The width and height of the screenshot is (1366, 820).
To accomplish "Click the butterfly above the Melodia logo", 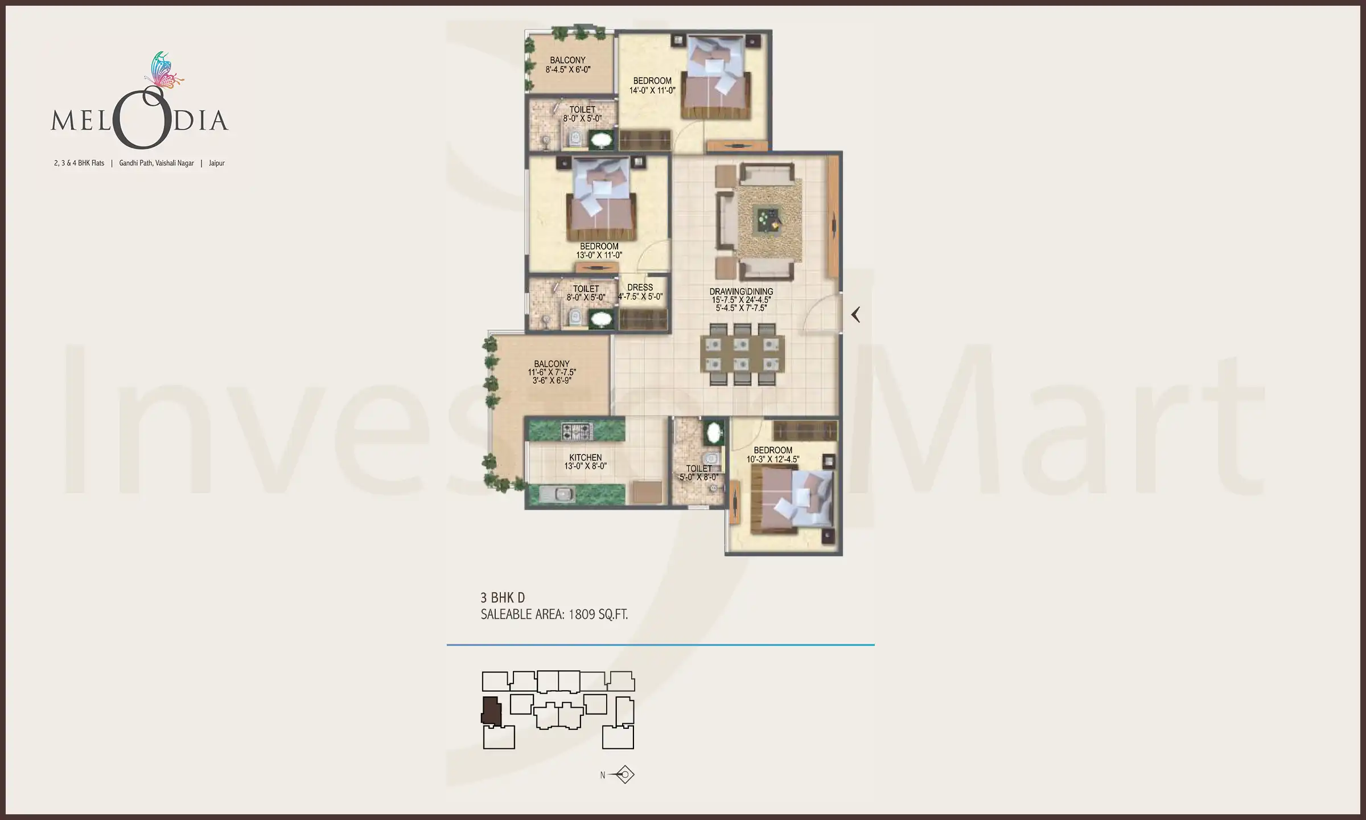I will (x=163, y=71).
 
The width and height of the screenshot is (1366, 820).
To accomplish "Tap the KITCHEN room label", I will (x=585, y=457).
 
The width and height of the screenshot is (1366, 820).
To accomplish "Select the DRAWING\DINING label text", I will (x=741, y=292).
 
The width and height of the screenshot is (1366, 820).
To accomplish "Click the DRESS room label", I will (x=640, y=288).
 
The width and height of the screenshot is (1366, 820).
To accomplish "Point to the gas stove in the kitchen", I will (x=577, y=431).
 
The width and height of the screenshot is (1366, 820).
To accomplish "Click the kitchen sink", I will (x=562, y=494).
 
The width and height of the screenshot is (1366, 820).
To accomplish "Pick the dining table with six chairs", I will (x=742, y=354).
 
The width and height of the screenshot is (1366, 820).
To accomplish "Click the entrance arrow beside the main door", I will (x=855, y=314).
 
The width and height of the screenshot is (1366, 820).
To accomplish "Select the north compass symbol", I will (x=624, y=774).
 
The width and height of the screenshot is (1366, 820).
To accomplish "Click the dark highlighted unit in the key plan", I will (x=491, y=711).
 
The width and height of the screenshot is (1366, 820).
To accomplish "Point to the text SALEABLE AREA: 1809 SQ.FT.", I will (x=554, y=614).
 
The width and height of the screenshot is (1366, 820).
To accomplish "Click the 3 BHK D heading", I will (x=503, y=597).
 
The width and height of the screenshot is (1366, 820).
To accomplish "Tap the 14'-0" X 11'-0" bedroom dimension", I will (x=652, y=90).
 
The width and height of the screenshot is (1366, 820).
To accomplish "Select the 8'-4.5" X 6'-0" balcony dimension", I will (x=567, y=69).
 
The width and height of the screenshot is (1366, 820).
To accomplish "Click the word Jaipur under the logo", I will (x=216, y=163).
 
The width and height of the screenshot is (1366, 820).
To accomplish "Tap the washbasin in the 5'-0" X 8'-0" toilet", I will (x=713, y=433).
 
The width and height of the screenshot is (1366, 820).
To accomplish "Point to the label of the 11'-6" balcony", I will (x=552, y=364).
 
